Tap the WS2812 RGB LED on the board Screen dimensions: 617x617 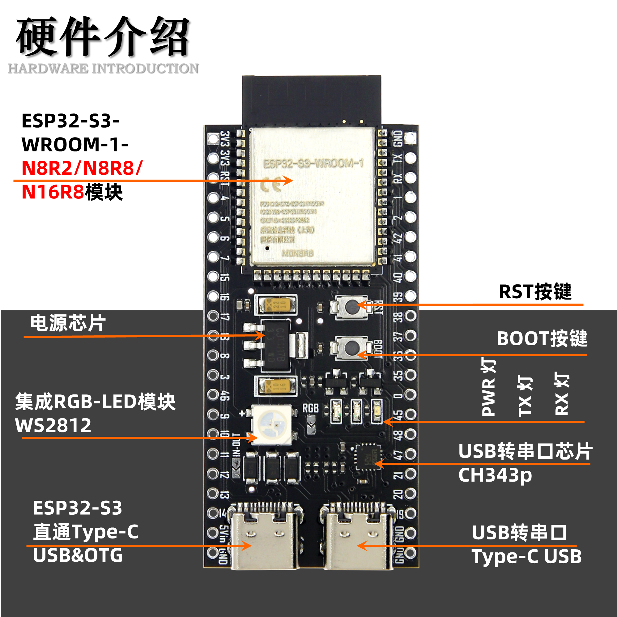tap(272, 425)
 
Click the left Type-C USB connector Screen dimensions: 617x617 tap(265, 538)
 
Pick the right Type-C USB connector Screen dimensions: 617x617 tap(358, 538)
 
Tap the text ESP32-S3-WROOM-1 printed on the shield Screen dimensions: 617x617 tap(313, 164)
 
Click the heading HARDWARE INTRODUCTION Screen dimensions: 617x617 tap(103, 69)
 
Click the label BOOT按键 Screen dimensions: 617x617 tap(542, 338)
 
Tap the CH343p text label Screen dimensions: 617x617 tap(495, 475)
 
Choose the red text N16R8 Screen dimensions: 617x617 tap(53, 192)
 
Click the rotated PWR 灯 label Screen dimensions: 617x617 tap(488, 387)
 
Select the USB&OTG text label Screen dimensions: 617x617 tap(78, 555)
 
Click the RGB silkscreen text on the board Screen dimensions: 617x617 tap(310, 408)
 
